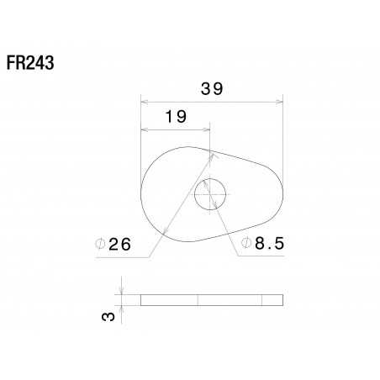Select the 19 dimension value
pos(176,117)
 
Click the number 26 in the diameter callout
pos(120,245)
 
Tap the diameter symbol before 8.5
pos(246,244)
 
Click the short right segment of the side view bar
pos(272,300)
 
